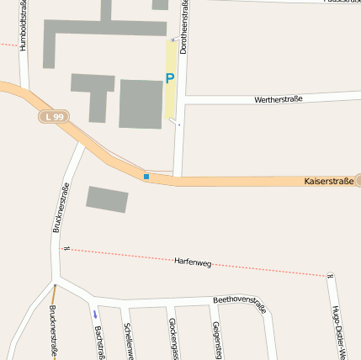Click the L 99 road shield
click(x=52, y=117)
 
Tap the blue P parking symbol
click(x=169, y=79)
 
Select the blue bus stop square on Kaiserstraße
click(x=146, y=177)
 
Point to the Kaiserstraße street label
click(x=326, y=181)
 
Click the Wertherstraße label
click(x=277, y=99)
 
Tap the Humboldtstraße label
click(x=23, y=26)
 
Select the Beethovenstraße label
click(x=239, y=303)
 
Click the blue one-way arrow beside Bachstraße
click(x=94, y=315)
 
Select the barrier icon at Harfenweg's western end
click(x=65, y=248)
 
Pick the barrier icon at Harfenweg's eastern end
click(x=330, y=275)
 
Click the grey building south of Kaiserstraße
click(x=107, y=199)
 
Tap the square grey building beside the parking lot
click(x=141, y=103)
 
